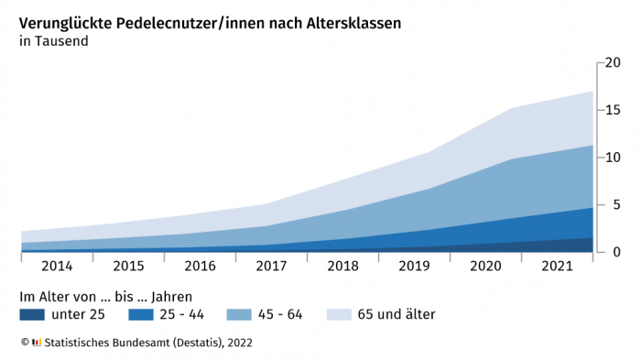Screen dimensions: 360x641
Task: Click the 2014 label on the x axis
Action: (56, 267)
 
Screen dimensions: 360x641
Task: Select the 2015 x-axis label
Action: (127, 267)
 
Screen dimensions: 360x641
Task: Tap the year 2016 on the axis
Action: (199, 267)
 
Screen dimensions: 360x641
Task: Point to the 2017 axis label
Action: (271, 267)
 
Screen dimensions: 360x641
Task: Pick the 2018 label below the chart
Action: (342, 267)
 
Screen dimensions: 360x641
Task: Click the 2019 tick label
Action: (414, 267)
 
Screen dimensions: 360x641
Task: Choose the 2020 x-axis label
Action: (485, 267)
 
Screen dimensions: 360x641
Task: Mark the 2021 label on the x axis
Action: (557, 267)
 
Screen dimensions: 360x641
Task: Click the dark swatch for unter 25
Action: (32, 315)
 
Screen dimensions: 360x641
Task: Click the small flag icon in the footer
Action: (37, 343)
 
